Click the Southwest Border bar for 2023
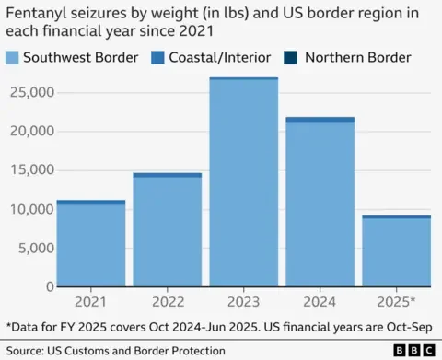pyautogui.click(x=244, y=183)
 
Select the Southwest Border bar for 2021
pyautogui.click(x=91, y=245)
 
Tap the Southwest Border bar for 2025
pyautogui.click(x=397, y=252)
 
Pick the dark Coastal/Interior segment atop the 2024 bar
pyautogui.click(x=320, y=120)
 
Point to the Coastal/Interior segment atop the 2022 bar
pyautogui.click(x=168, y=175)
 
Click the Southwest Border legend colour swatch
pyautogui.click(x=12, y=58)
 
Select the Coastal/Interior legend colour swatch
pyautogui.click(x=157, y=58)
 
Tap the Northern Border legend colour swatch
pyautogui.click(x=290, y=58)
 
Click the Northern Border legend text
pyautogui.click(x=358, y=57)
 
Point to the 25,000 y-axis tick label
pyautogui.click(x=32, y=92)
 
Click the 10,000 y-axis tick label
pyautogui.click(x=32, y=209)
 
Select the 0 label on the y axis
pyautogui.click(x=50, y=286)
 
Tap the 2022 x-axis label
pyautogui.click(x=168, y=302)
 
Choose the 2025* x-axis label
pyautogui.click(x=396, y=302)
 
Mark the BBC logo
pyautogui.click(x=414, y=350)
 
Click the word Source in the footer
pyautogui.click(x=25, y=351)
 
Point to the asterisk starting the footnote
pyautogui.click(x=8, y=324)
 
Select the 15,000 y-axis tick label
pyautogui.click(x=32, y=169)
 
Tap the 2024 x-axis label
pyautogui.click(x=320, y=302)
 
